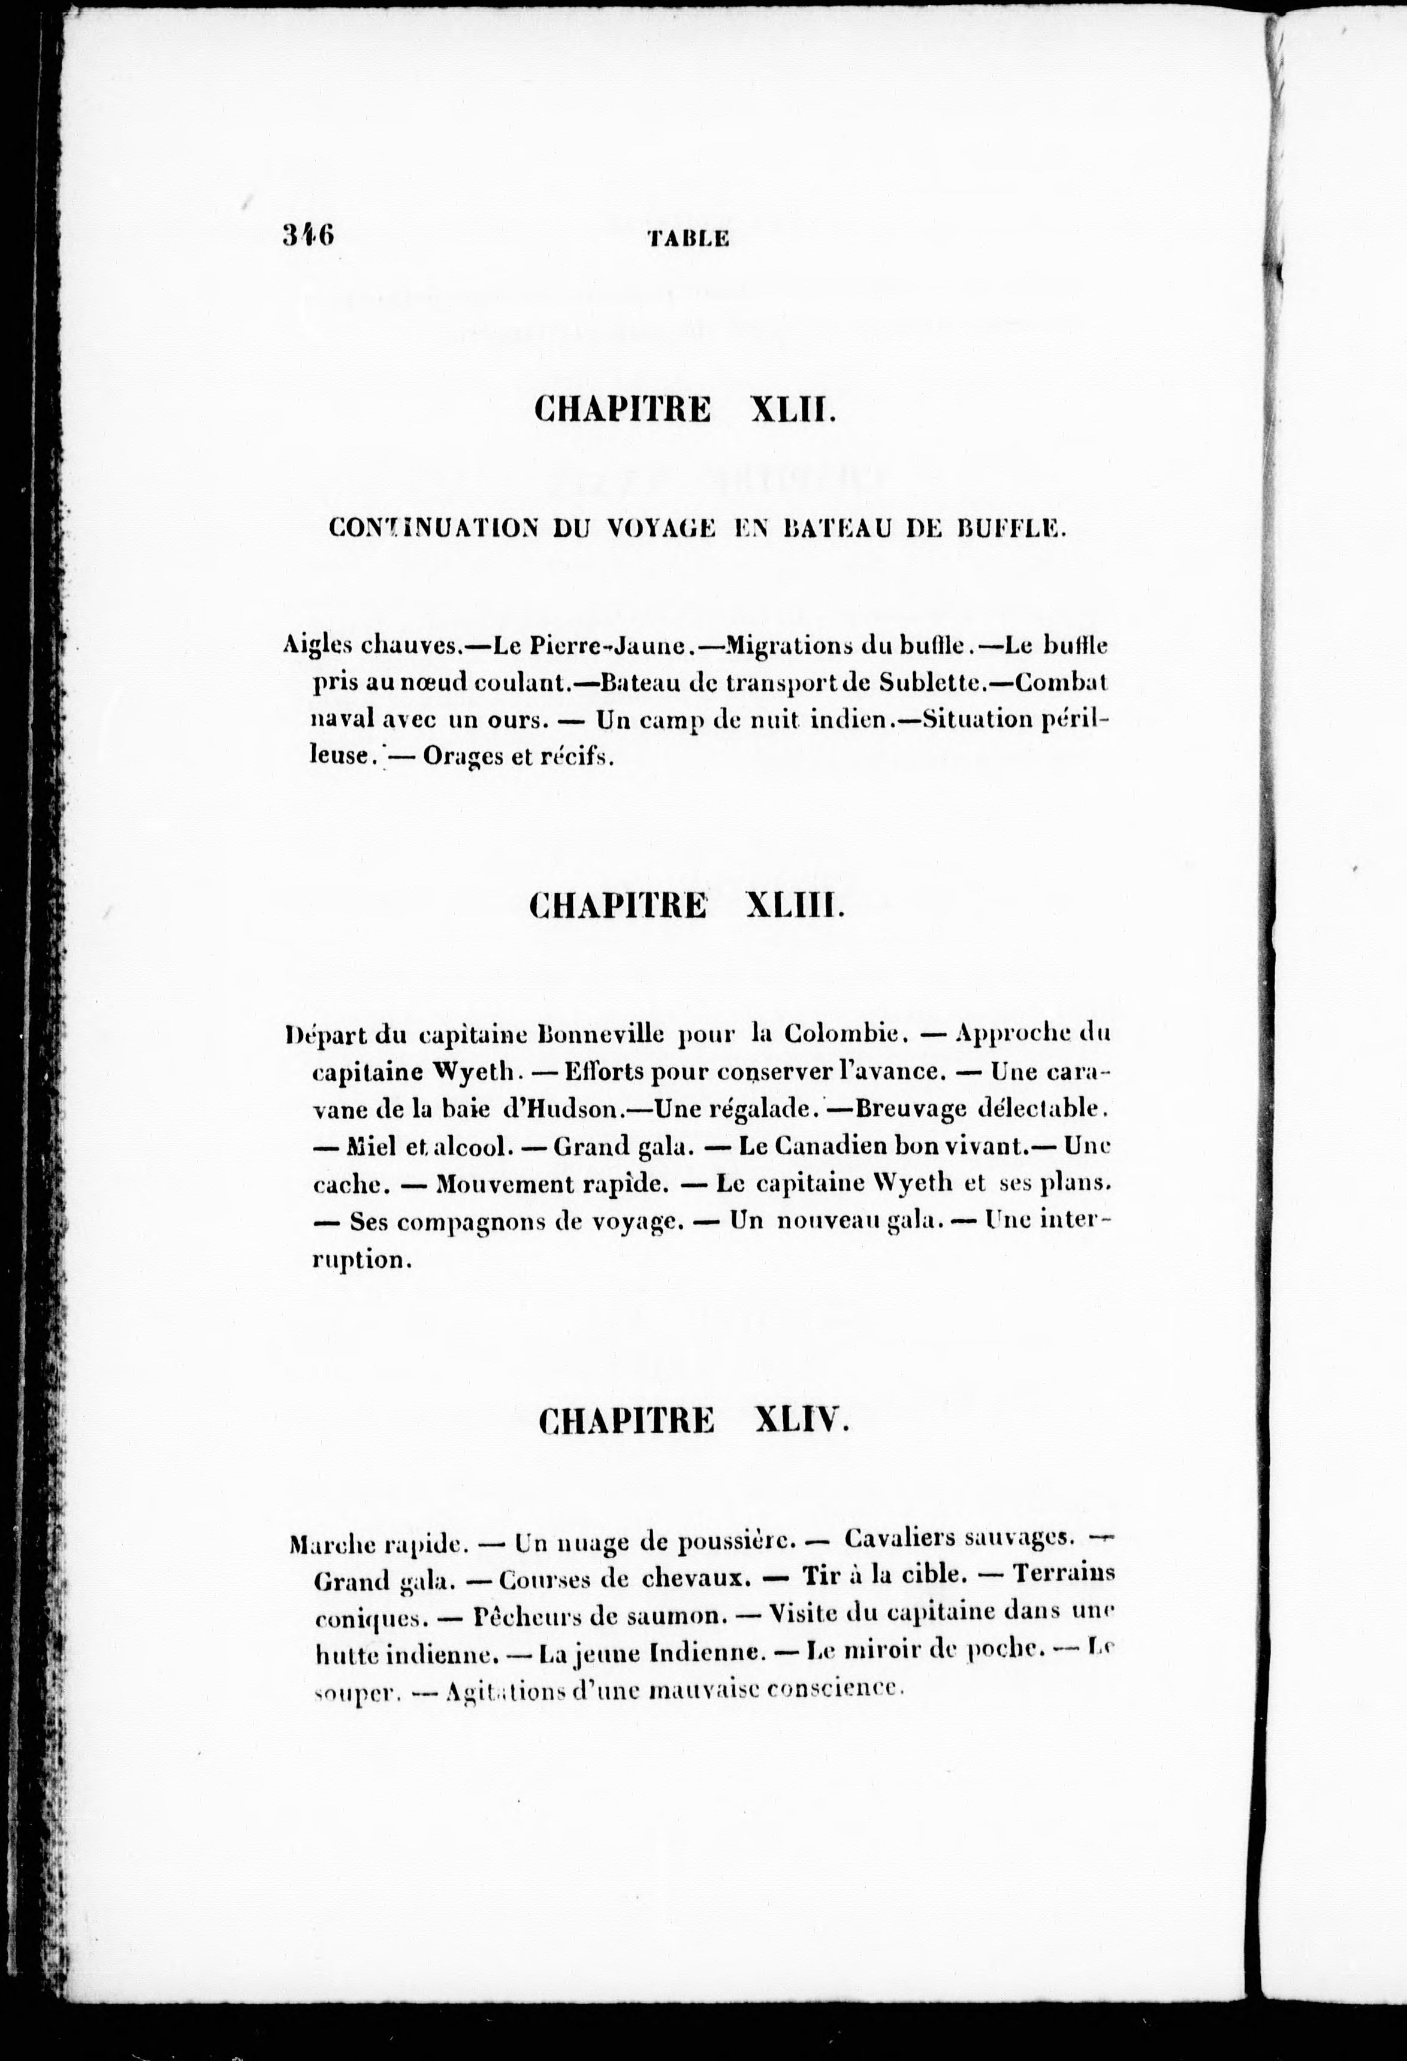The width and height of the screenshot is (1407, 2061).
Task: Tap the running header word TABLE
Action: coord(689,238)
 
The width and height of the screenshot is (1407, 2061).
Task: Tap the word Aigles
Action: coord(318,646)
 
